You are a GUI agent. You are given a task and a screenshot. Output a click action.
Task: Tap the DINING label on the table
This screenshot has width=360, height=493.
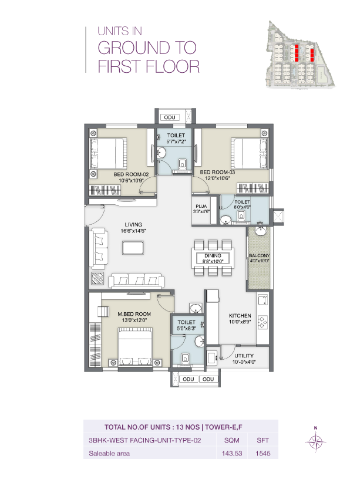[213, 256]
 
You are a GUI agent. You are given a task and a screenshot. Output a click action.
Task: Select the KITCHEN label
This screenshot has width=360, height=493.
[240, 315]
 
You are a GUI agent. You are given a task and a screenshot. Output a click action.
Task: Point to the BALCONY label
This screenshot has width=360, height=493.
[259, 255]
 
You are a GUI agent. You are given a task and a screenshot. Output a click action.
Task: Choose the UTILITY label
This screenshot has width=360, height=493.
[244, 356]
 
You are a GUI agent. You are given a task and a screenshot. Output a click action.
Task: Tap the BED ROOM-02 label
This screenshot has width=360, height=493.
[134, 174]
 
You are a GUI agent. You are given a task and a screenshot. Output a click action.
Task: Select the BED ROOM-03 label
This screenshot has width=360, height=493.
[217, 172]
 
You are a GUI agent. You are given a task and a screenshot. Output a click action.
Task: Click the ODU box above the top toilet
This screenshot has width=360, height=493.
[170, 117]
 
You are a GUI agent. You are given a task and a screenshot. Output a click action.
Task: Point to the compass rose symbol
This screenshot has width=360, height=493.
[316, 441]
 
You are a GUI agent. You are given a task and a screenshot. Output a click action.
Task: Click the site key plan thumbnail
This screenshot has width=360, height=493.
[299, 55]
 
